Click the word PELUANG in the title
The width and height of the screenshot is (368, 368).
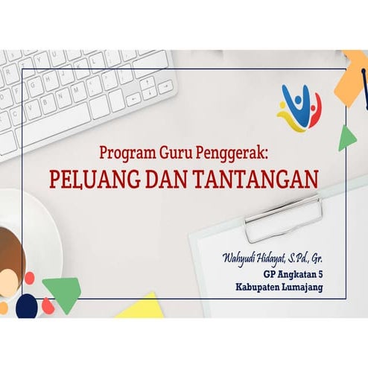coord(88,179)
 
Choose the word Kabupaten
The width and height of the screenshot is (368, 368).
coord(261,287)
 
